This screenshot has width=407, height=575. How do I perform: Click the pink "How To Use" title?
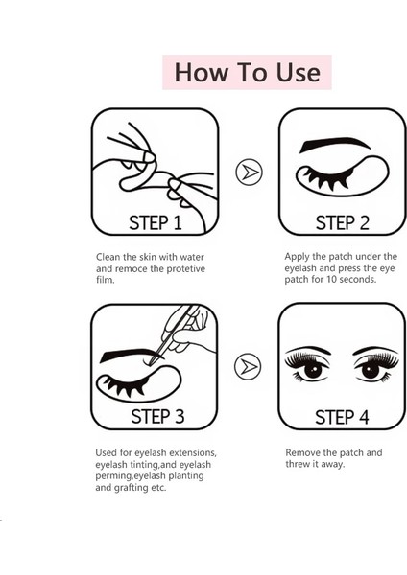point(247,72)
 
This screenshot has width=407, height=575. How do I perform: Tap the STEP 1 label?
point(156,222)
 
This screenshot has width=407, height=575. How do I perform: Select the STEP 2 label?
point(343,222)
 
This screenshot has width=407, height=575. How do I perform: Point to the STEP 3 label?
point(157,417)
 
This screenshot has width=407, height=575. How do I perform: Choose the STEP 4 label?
point(342,417)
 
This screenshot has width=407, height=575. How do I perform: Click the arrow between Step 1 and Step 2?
point(249,172)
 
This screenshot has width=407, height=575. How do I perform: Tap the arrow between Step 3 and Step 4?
point(248,366)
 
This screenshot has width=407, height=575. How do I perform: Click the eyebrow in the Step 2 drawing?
point(334,144)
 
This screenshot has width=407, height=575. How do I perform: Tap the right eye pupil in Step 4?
point(371,370)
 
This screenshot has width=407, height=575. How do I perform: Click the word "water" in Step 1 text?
point(192,257)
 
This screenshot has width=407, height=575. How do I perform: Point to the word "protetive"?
point(186,269)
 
